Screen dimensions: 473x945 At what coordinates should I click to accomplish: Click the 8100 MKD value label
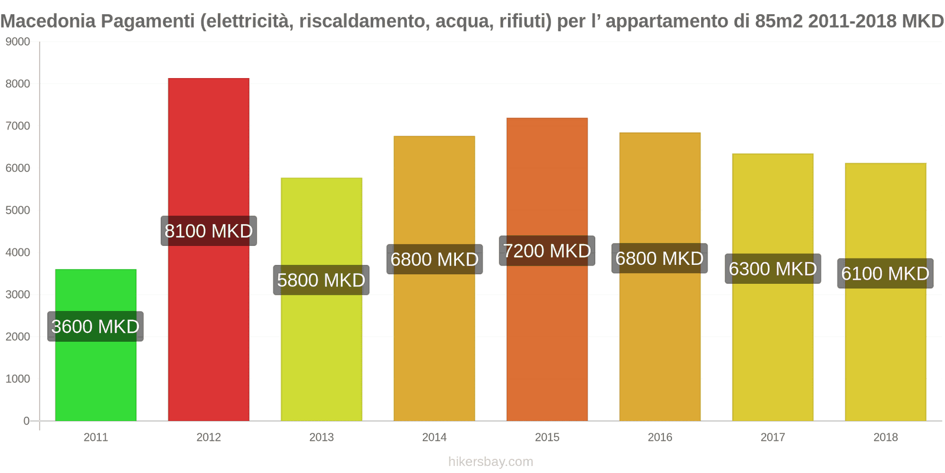click(208, 231)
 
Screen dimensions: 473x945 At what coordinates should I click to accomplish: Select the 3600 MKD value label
click(96, 326)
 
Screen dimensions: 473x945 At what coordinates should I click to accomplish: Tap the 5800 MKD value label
click(321, 280)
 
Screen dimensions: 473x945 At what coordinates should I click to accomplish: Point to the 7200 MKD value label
click(547, 251)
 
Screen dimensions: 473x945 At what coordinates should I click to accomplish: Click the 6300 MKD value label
click(773, 268)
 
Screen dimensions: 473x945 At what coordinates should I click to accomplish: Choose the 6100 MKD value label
click(885, 273)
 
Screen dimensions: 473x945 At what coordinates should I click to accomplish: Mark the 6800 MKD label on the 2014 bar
click(435, 259)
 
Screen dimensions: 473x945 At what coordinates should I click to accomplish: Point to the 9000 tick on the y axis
click(18, 42)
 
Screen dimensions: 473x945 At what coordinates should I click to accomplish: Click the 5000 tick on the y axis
click(18, 210)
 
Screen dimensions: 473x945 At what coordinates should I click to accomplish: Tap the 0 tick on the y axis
click(26, 421)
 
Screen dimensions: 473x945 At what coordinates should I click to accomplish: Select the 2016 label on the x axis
click(660, 438)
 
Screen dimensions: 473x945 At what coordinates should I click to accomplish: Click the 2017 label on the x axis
click(773, 438)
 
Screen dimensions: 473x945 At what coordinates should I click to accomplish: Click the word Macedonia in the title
click(48, 21)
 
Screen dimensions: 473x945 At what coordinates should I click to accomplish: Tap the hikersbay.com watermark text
click(490, 462)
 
